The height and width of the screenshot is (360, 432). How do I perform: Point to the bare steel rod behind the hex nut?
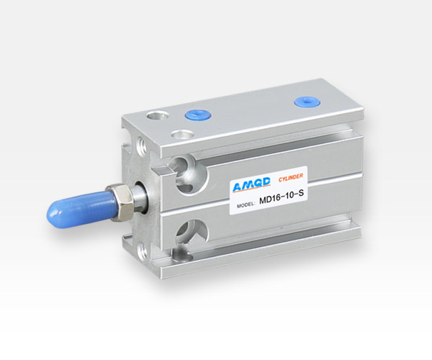(140, 196)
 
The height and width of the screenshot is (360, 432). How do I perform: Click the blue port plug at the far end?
(307, 102)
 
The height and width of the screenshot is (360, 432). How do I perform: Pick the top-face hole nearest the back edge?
(156, 115)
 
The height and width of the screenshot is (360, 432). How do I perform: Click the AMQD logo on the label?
(251, 184)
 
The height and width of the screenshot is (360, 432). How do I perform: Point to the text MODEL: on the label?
(246, 205)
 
